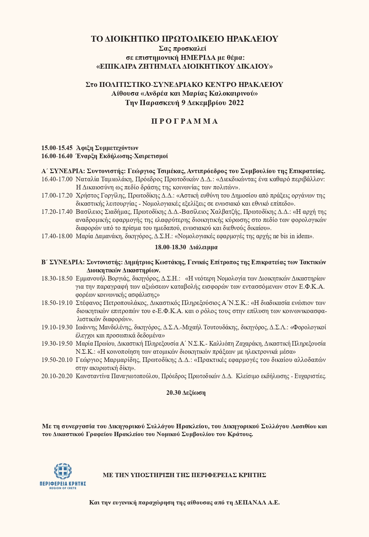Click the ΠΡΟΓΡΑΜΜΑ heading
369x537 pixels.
click(184, 121)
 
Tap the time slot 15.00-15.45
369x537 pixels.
click(57, 147)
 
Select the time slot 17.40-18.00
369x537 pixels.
click(57, 236)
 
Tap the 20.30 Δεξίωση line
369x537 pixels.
click(186, 392)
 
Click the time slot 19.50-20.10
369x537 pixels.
click(57, 360)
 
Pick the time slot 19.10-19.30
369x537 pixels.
click(57, 327)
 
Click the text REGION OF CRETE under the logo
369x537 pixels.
click(63, 488)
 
